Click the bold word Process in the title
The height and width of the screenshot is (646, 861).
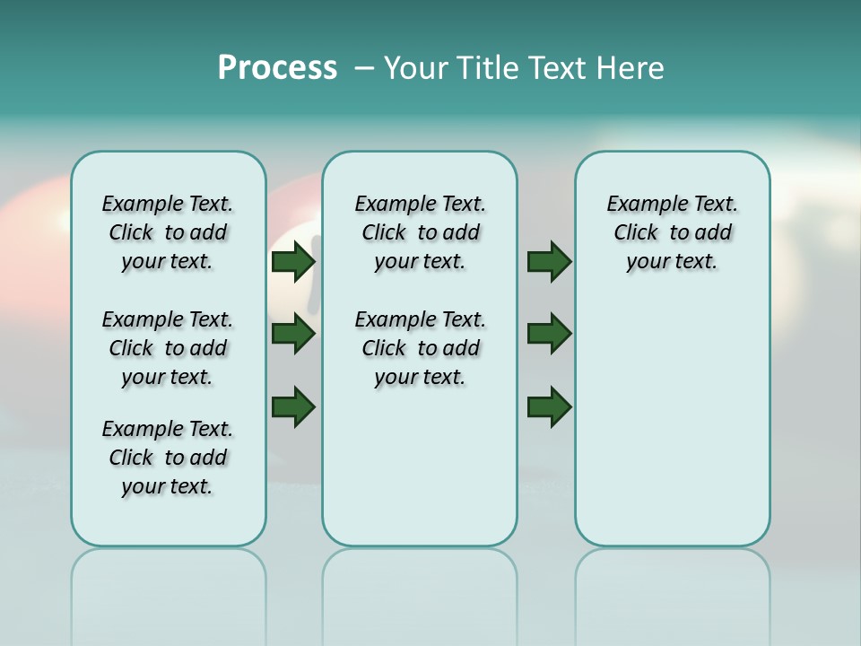click(x=277, y=68)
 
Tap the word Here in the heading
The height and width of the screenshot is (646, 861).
click(x=631, y=68)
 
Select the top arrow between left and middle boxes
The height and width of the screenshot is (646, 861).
click(x=293, y=262)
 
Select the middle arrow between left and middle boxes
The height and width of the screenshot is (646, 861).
click(x=293, y=335)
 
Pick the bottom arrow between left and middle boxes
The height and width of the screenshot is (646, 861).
click(x=293, y=406)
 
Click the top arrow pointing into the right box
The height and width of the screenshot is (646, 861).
click(x=549, y=262)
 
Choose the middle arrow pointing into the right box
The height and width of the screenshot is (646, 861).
click(x=549, y=335)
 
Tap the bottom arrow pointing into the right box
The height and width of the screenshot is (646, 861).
click(x=549, y=406)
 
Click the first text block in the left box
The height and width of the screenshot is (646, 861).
click(x=168, y=232)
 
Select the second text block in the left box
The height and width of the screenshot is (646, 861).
click(x=168, y=348)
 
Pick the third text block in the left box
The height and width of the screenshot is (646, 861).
click(x=168, y=458)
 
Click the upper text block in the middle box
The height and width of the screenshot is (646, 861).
click(x=420, y=232)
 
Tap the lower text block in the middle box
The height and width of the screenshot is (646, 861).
click(x=420, y=348)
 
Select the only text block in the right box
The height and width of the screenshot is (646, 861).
click(x=672, y=232)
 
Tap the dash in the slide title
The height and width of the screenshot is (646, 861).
click(x=364, y=68)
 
